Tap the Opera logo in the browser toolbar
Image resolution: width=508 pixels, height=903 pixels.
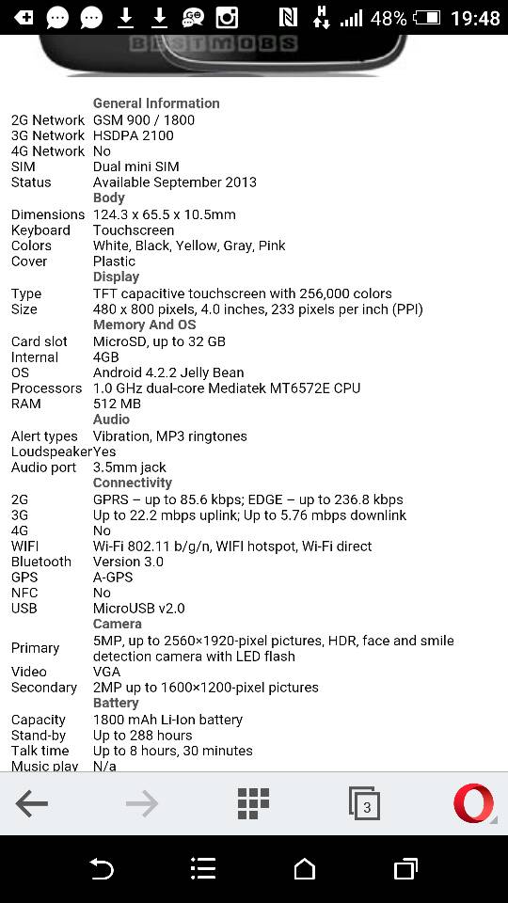click(x=473, y=804)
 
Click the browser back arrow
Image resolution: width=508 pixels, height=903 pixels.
click(x=32, y=804)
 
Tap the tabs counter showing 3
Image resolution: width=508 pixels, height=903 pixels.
click(x=365, y=804)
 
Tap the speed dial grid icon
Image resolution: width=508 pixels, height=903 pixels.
click(x=253, y=804)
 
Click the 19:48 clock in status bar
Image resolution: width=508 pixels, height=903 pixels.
click(x=475, y=18)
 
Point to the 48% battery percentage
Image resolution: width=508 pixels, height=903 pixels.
click(x=389, y=18)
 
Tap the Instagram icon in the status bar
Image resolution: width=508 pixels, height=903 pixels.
click(x=227, y=17)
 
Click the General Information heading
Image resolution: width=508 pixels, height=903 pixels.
click(x=156, y=103)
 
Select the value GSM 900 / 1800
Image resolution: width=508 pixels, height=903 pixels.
click(x=144, y=120)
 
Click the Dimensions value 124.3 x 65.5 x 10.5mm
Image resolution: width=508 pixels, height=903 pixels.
click(x=165, y=214)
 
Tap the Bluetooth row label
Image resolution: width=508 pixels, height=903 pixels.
click(x=41, y=562)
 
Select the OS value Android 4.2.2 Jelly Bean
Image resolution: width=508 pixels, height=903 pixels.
click(x=168, y=372)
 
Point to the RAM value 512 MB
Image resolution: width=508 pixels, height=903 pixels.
click(x=117, y=404)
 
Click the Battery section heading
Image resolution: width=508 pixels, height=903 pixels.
click(x=116, y=703)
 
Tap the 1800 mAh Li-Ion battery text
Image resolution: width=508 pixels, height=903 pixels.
click(x=167, y=720)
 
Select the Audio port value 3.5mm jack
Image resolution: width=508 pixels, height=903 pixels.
click(x=130, y=467)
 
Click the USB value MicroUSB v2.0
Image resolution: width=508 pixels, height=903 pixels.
click(x=139, y=609)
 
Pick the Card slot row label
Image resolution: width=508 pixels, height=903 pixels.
click(x=40, y=341)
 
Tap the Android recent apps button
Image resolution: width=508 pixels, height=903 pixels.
click(x=405, y=869)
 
